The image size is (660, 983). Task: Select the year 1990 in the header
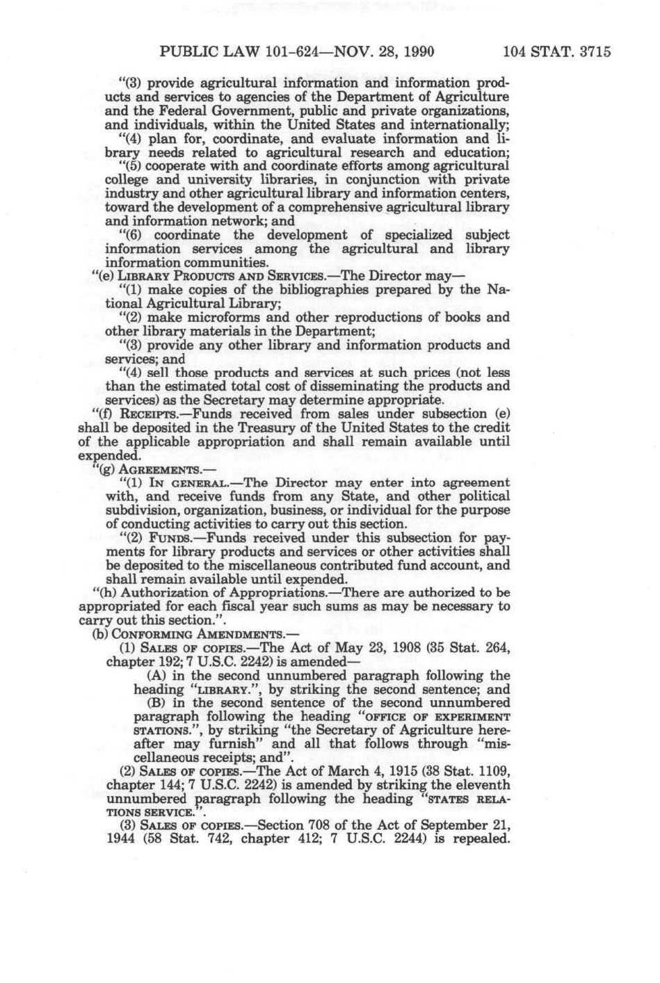coord(417,51)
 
